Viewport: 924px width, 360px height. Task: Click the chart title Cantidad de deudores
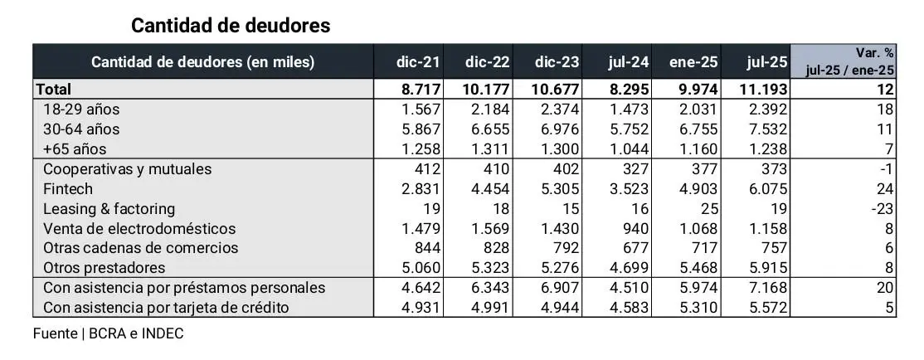(x=231, y=26)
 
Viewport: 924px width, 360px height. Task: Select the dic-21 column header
(x=419, y=62)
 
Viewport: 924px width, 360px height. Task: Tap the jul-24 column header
(x=628, y=62)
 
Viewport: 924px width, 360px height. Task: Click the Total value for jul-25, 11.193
(x=756, y=89)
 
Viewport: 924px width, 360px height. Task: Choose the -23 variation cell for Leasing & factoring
(x=882, y=208)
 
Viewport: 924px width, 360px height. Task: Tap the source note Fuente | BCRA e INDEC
(x=108, y=333)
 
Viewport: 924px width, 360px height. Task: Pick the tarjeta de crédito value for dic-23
(x=561, y=307)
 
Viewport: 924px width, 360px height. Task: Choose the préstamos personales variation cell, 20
(x=884, y=287)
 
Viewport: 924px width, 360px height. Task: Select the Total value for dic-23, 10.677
(x=556, y=89)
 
